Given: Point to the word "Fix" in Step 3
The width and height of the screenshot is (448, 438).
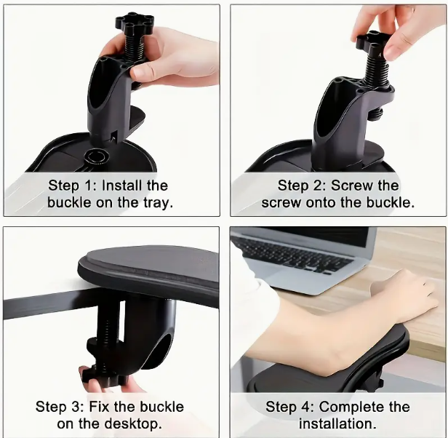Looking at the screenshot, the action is coord(99,407).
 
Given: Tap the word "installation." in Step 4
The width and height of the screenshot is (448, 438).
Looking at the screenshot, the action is coord(337,423).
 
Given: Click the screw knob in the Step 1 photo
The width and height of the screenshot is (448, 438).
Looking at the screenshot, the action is coord(135,22).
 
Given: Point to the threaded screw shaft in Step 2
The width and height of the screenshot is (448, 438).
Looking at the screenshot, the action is coord(377,71).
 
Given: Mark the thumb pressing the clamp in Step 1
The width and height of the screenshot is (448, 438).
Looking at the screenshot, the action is coord(143,72).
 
